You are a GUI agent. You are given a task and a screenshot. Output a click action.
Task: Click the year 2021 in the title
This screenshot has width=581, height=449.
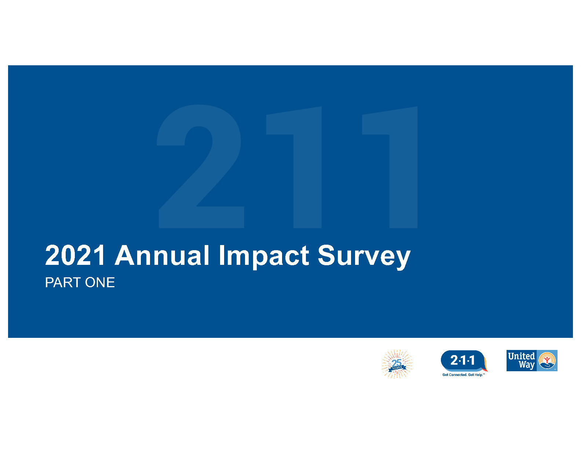75,255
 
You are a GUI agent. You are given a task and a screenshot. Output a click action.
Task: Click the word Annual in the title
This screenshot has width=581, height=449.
162,255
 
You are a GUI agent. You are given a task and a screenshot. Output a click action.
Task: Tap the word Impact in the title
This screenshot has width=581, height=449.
264,256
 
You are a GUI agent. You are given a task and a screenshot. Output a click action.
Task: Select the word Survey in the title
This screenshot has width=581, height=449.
364,256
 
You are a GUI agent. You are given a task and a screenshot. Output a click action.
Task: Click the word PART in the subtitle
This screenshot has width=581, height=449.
63,283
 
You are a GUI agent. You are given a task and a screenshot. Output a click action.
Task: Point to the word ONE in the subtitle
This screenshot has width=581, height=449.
100,283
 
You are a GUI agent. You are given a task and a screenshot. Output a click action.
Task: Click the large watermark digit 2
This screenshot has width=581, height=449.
200,167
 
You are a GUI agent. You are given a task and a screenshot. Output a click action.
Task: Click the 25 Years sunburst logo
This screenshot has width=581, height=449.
397,364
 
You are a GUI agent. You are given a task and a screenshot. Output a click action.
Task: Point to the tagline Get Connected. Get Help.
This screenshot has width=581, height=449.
463,375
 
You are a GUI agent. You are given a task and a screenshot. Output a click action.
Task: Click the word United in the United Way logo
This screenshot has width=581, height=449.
521,356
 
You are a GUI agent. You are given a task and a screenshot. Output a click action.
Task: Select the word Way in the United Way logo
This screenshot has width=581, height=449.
526,365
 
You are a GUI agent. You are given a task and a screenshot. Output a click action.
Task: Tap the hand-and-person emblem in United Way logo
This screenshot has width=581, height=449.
547,361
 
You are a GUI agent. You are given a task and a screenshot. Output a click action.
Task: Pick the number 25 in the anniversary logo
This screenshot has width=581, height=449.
397,363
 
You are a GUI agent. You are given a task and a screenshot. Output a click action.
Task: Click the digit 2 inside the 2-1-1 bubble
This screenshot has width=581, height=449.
454,360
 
